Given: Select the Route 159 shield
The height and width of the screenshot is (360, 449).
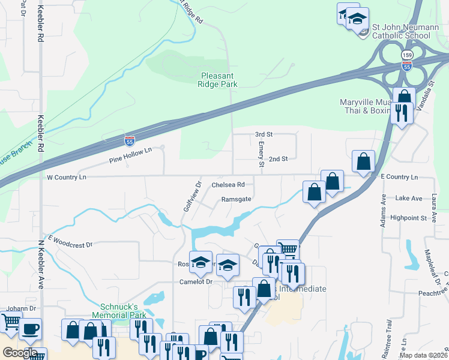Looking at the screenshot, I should tap(407, 55).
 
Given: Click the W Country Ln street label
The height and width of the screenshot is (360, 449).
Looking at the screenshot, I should tap(67, 178).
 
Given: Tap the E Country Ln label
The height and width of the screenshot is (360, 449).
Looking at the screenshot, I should tap(399, 177).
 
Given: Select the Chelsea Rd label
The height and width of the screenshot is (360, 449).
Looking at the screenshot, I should tap(228, 185).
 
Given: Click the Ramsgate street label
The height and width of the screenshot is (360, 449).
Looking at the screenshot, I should tap(236, 199).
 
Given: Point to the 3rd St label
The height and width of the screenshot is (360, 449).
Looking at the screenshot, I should tap(264, 134).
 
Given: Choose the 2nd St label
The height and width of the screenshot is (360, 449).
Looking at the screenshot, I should tap(279, 159).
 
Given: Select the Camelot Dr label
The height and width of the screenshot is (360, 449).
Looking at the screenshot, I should tap(196, 281).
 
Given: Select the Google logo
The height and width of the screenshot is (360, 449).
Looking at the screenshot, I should tap(20, 353).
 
